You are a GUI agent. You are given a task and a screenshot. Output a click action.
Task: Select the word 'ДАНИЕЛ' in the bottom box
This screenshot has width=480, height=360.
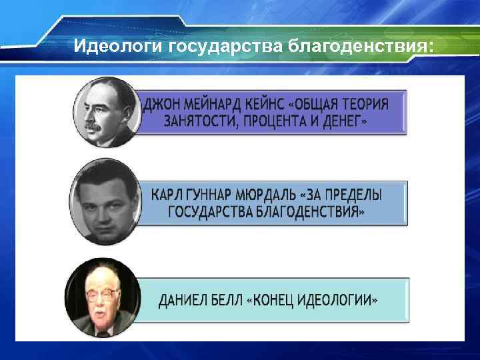pos(182,301)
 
